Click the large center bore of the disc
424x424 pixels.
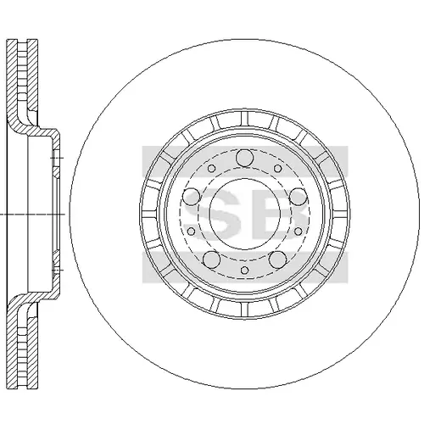(245, 214)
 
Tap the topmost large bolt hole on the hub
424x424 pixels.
(245, 159)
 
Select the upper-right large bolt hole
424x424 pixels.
(298, 197)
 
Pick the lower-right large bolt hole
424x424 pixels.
(277, 259)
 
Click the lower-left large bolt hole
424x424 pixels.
(211, 259)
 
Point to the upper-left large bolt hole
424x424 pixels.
(192, 197)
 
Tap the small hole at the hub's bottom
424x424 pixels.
(245, 271)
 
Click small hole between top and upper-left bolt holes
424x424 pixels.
(211, 169)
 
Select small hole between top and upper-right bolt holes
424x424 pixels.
(278, 169)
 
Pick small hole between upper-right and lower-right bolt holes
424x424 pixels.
(298, 232)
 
